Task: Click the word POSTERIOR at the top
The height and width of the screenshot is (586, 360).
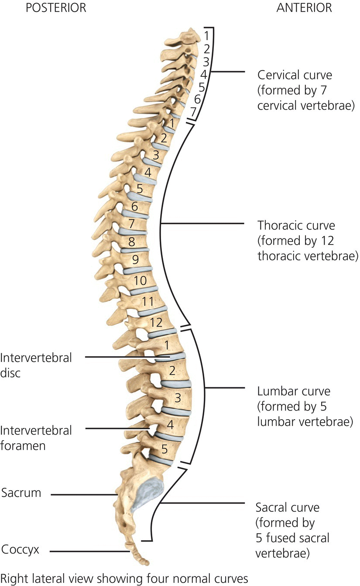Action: (x=55, y=8)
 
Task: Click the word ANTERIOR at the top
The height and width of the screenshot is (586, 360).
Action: (x=304, y=8)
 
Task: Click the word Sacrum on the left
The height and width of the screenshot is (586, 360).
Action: (x=21, y=493)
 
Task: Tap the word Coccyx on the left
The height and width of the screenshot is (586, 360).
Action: (x=21, y=549)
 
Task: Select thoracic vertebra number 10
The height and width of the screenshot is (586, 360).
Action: (x=140, y=280)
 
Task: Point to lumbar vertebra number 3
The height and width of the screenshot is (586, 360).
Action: (x=178, y=397)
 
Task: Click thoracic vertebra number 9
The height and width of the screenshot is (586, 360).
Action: (x=135, y=259)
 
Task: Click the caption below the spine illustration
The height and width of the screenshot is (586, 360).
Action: (x=125, y=578)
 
